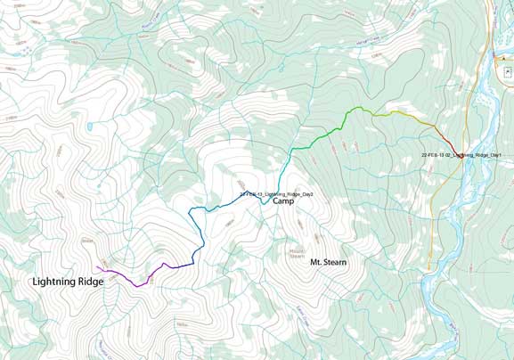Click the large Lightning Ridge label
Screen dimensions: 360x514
68,282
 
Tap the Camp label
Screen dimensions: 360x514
283,201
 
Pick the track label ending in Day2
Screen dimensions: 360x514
275,193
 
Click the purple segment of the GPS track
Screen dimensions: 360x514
134,281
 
